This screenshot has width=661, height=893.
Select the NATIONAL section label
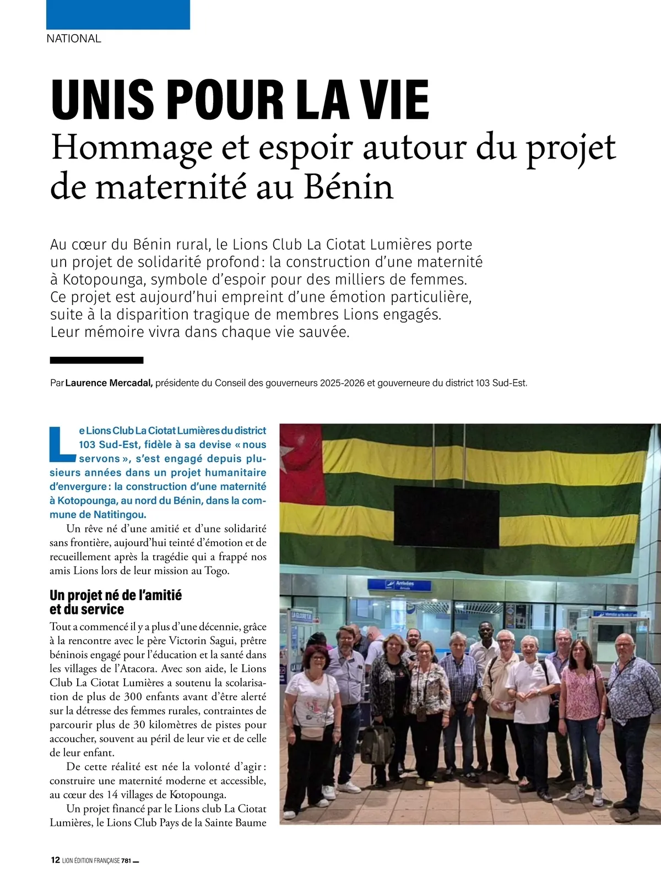coord(74,39)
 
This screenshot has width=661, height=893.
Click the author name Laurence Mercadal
coord(109,383)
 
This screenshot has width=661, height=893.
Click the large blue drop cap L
coord(62,444)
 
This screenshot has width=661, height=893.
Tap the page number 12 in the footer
coord(55,860)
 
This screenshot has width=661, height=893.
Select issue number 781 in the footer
coord(126,861)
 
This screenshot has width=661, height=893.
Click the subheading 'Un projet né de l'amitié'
coord(116,595)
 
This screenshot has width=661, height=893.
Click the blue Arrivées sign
coord(399,585)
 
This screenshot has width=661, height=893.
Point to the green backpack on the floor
coord(377,744)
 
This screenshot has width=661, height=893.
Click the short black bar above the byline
coord(96,360)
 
